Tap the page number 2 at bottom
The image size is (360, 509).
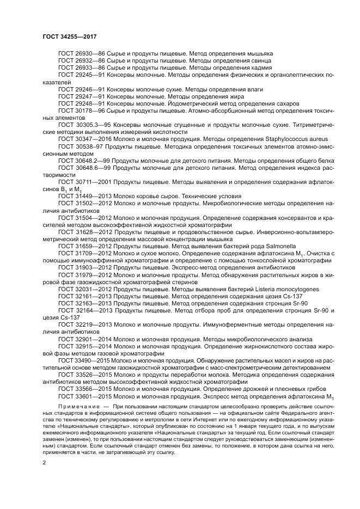[x=44, y=463]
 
